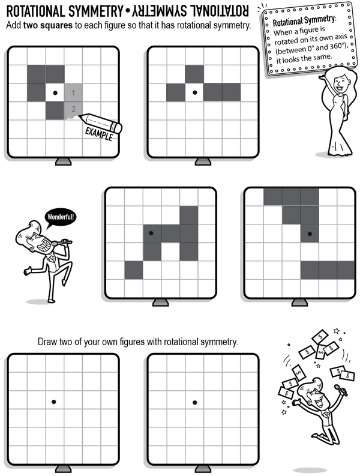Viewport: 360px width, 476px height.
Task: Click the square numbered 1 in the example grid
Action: (73, 92)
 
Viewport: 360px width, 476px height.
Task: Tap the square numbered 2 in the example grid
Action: (73, 110)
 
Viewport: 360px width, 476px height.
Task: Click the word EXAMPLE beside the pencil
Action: (98, 134)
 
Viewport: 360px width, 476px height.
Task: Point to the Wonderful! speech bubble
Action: (61, 218)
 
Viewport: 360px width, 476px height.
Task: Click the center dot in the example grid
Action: (55, 92)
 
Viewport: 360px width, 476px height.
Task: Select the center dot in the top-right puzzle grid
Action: (195, 92)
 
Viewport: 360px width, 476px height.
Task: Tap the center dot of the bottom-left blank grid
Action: (54, 402)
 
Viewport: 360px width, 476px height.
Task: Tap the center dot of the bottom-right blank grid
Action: (195, 403)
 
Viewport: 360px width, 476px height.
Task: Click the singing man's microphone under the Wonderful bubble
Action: (62, 243)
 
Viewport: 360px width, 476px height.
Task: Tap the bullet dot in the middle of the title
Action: (127, 12)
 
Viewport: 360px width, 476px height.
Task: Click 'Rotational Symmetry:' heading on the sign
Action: (304, 21)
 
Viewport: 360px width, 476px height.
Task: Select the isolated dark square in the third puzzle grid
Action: (134, 270)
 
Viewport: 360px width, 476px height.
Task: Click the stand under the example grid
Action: (64, 161)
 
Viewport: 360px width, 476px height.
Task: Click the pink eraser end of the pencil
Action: (117, 127)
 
